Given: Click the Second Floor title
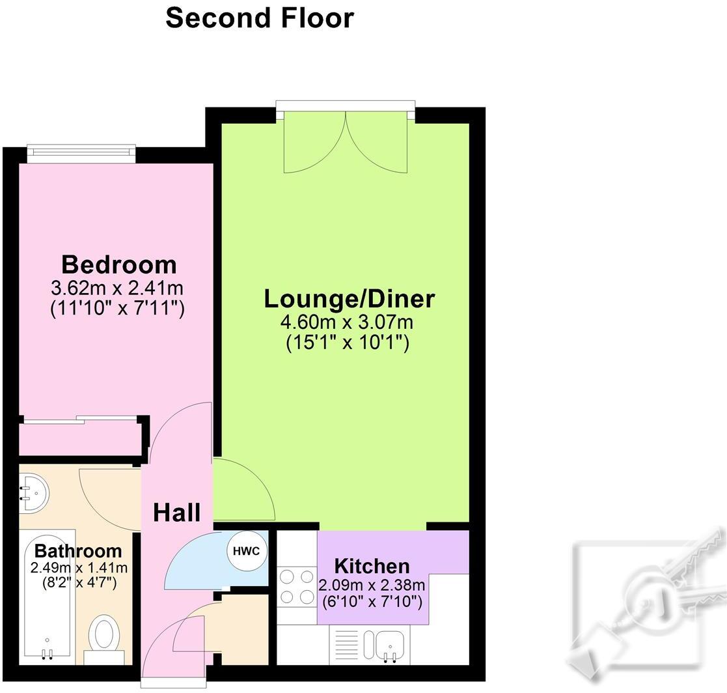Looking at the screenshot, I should pos(260,18).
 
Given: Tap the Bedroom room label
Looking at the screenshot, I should pos(118,264).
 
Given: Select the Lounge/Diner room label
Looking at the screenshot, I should pos(349,298).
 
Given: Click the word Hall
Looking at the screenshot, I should pos(176,513).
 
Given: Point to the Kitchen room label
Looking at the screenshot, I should pos(372,565).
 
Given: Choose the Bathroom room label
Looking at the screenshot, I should pos(78,551).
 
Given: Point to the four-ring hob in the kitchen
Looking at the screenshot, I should pos(296,587).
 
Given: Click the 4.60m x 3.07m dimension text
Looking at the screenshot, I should pos(348,322).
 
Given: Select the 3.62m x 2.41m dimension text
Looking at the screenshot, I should pos(118,287).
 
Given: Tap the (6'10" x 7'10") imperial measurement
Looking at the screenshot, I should pos(372,601).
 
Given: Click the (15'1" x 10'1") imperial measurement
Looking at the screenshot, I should pos(348,343).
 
